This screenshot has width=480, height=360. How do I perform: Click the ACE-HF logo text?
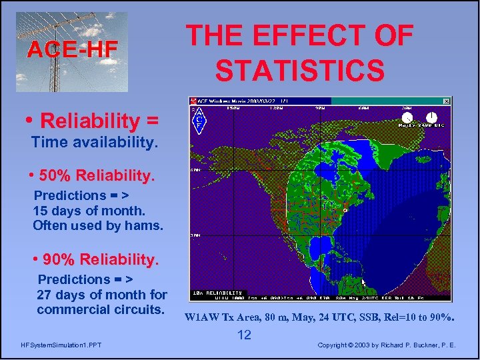click(72, 49)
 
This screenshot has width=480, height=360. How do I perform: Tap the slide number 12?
click(245, 335)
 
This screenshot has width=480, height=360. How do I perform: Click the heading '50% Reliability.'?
click(97, 175)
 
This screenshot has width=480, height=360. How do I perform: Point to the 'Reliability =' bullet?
click(99, 121)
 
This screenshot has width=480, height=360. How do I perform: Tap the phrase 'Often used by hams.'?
click(97, 225)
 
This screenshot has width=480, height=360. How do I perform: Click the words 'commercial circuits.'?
click(101, 309)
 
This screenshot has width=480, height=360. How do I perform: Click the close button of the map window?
click(447, 101)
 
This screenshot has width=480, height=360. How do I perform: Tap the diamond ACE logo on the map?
click(199, 121)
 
